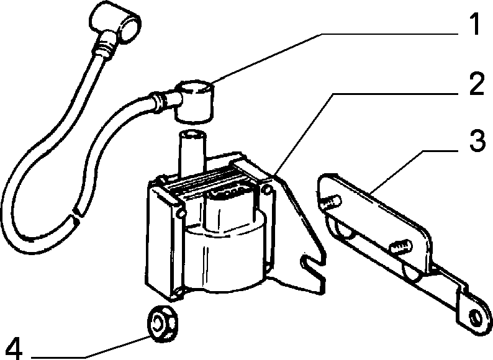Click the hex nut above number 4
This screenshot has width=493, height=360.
coord(162,323)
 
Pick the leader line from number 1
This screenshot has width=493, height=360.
coord(336,58)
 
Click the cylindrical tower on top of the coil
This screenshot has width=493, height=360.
coord(192,154)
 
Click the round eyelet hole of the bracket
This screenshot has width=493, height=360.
coord(475,318)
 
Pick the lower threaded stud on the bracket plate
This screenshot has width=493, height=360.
coord(400,246)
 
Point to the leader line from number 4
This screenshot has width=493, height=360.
coord(90,348)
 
